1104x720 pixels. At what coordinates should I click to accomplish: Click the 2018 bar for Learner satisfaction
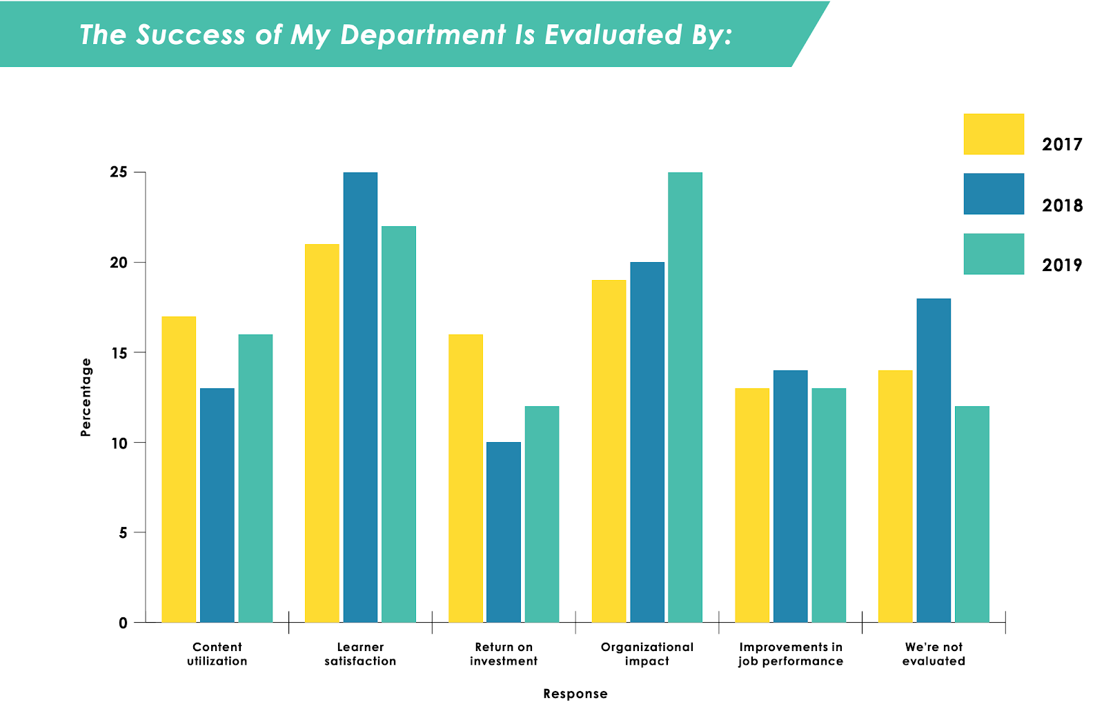coord(360,397)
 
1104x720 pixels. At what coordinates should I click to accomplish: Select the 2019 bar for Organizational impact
coord(684,397)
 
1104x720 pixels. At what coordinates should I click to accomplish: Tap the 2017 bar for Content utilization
coord(179,469)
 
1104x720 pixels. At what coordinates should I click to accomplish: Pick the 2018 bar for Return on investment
coord(504,532)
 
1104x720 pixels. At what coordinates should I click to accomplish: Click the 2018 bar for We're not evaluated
coord(934,460)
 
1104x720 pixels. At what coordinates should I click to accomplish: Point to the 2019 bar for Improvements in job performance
coord(829,505)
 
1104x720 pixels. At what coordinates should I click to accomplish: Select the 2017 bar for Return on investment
coord(466,478)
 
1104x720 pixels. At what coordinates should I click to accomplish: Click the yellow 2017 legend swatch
coord(994,134)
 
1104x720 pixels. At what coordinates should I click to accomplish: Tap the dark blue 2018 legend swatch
coord(994,194)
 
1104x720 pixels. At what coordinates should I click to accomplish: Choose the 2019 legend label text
coord(1062,265)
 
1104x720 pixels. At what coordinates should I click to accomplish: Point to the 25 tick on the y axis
coord(119,172)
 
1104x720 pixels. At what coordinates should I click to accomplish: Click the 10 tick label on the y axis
coord(119,443)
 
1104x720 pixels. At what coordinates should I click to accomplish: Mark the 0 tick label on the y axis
coord(123,623)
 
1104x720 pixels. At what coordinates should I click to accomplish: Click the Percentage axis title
coord(86,397)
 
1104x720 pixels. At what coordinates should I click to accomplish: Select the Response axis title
coord(575,694)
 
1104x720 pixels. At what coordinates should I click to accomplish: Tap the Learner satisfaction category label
coord(360,654)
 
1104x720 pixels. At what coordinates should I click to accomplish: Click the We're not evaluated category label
coord(934,654)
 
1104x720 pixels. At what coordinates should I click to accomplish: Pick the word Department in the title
coord(423,35)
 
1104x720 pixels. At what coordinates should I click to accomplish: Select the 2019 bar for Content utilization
coord(255,478)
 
